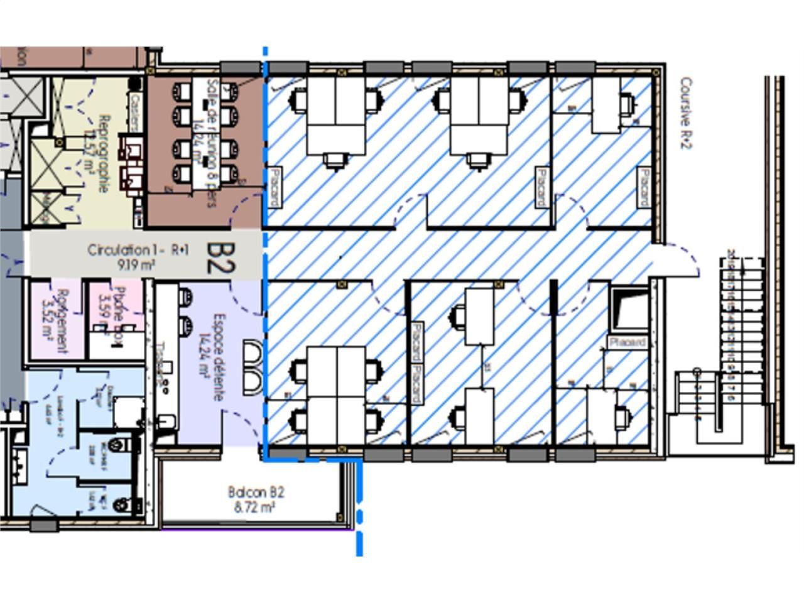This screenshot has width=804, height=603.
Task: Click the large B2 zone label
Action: (220, 258)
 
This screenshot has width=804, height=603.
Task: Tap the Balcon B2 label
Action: (256, 492)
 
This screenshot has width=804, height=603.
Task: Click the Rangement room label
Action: (62, 320)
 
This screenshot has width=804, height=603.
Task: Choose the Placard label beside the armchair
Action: (627, 342)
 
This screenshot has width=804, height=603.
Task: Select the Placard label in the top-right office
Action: (643, 187)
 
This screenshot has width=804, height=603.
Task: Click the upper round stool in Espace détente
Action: (185, 297)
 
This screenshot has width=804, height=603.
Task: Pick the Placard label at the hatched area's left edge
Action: (274, 187)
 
